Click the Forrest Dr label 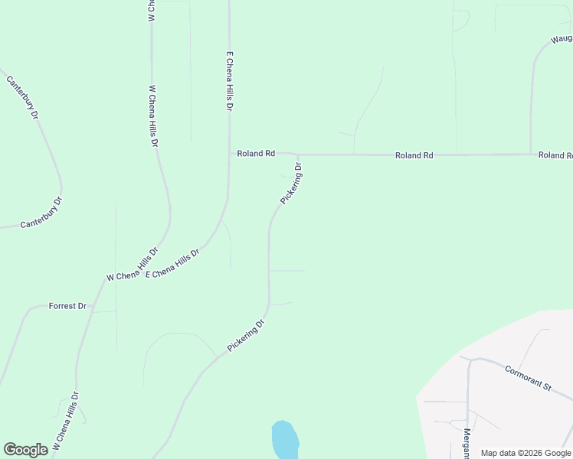click(68, 306)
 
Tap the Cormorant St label click(528, 378)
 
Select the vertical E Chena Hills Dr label click(228, 82)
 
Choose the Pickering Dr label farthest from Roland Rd click(246, 336)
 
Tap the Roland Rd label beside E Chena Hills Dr click(256, 154)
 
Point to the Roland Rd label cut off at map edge click(555, 155)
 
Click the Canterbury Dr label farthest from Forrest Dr click(23, 97)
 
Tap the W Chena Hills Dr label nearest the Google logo click(66, 422)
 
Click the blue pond click(284, 440)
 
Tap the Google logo click(25, 450)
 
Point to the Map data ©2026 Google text click(525, 453)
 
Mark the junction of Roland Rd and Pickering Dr click(298, 155)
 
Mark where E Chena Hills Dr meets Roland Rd click(229, 154)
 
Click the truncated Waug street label click(562, 38)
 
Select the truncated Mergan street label click(467, 441)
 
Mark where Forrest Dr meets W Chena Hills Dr click(93, 306)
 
